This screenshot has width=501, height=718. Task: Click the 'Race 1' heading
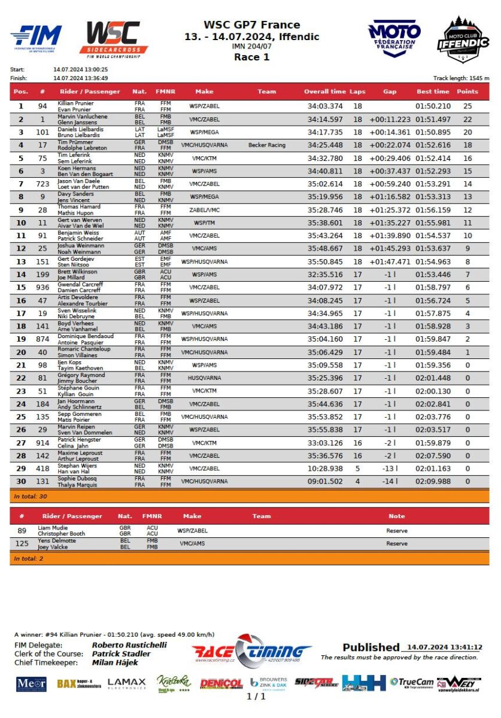pyautogui.click(x=251, y=57)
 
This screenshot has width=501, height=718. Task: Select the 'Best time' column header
pyautogui.click(x=432, y=92)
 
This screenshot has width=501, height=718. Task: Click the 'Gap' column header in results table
pyautogui.click(x=390, y=92)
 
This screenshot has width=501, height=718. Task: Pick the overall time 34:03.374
pyautogui.click(x=325, y=106)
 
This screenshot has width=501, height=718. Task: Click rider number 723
pyautogui.click(x=42, y=184)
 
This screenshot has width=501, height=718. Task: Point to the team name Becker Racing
pyautogui.click(x=266, y=145)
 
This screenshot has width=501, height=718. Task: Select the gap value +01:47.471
pyautogui.click(x=390, y=261)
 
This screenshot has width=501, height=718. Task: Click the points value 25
pyautogui.click(x=467, y=106)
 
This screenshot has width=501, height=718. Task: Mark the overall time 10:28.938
pyautogui.click(x=325, y=468)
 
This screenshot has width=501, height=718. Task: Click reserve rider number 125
pyautogui.click(x=22, y=544)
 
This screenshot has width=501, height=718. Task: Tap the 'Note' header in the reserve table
pyautogui.click(x=396, y=516)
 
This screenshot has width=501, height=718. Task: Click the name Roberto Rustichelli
pyautogui.click(x=129, y=645)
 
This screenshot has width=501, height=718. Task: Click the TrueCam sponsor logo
pyautogui.click(x=411, y=682)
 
